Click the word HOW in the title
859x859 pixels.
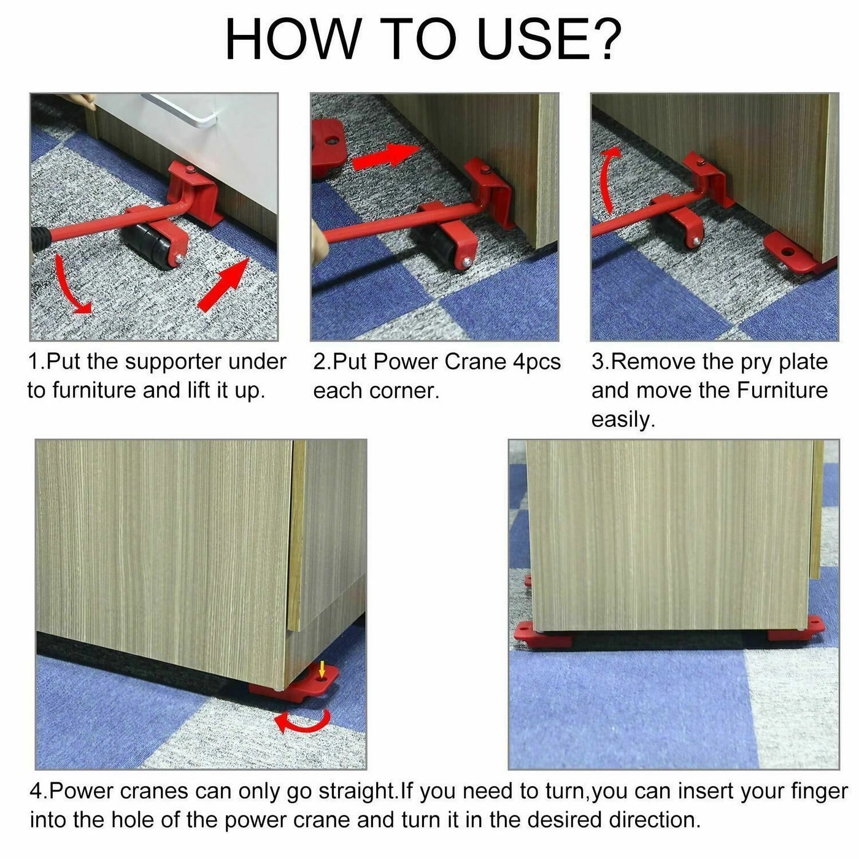[292, 40]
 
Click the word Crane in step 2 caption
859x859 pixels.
[475, 362]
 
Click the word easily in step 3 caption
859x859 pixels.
[622, 420]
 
